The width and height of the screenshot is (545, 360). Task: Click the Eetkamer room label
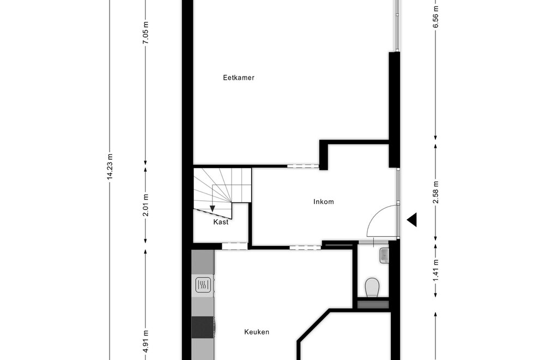[x=239, y=77]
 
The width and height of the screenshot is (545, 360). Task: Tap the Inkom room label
[x=324, y=202]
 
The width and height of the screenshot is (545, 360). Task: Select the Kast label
[x=221, y=222]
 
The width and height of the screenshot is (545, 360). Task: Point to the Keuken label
[x=257, y=332]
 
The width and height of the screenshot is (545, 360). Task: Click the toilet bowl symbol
[x=372, y=287]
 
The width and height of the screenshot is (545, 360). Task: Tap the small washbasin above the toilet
[x=384, y=256]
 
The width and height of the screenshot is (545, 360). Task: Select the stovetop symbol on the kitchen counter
[x=203, y=285]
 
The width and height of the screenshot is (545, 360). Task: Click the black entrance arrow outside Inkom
[x=412, y=220]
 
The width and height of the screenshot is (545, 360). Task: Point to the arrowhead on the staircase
[x=213, y=208]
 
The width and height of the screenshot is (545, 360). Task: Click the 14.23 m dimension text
[x=110, y=166]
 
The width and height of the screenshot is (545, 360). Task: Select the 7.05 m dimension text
[x=146, y=32]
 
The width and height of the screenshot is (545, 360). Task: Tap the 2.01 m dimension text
[x=146, y=205]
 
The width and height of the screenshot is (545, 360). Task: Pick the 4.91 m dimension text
[x=146, y=341]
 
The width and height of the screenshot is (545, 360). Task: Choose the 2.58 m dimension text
[x=436, y=193]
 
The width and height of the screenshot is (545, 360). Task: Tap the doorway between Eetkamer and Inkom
[x=302, y=166]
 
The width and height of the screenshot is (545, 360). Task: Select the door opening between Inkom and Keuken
[x=305, y=248]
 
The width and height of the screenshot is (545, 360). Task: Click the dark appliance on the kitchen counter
[x=203, y=327]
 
